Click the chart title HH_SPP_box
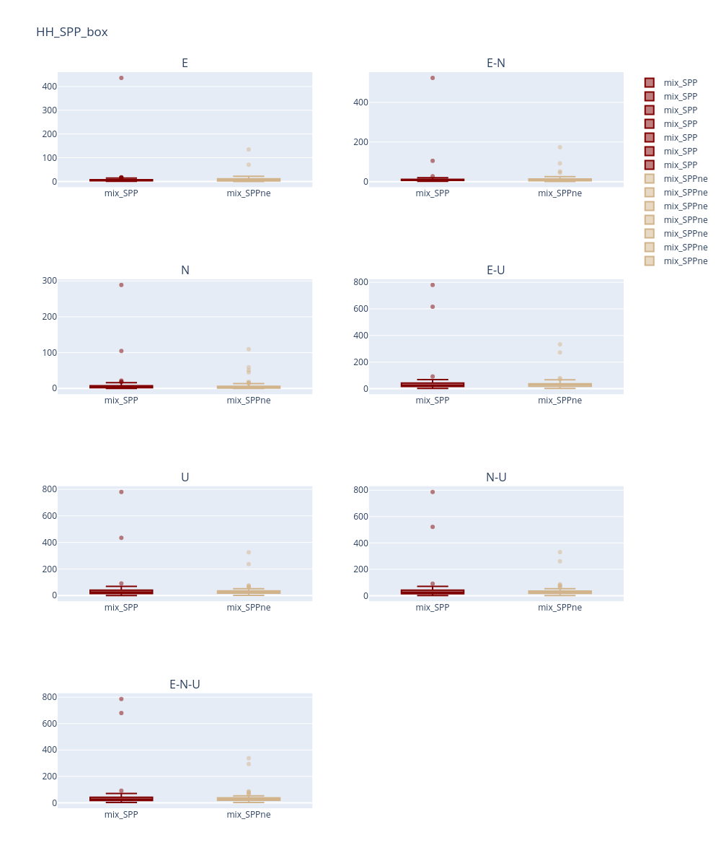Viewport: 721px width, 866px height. [72, 32]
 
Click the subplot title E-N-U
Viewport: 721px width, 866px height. [185, 684]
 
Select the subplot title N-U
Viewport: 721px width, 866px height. [496, 477]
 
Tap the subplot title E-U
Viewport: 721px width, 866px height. [496, 270]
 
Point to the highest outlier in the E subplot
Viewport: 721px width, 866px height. [121, 78]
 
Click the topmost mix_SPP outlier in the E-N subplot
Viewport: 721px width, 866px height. [433, 78]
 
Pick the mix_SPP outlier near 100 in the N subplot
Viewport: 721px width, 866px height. [121, 351]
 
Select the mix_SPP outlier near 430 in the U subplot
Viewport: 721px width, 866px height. [121, 538]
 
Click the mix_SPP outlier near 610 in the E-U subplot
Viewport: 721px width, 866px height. [433, 307]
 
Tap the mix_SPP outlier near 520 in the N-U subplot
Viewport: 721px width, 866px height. [433, 527]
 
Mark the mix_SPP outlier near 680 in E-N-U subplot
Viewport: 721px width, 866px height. [121, 713]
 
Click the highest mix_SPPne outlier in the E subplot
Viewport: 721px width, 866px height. [248, 149]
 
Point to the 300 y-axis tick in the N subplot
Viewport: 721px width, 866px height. [50, 281]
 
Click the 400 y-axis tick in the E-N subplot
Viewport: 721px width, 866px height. [361, 102]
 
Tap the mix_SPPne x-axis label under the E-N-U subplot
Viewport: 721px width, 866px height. [248, 814]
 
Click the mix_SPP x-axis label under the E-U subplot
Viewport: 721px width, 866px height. [433, 400]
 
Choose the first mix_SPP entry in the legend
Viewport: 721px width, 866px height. [680, 83]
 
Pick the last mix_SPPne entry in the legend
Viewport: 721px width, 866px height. [685, 261]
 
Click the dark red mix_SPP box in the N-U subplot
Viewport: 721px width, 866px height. [433, 592]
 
